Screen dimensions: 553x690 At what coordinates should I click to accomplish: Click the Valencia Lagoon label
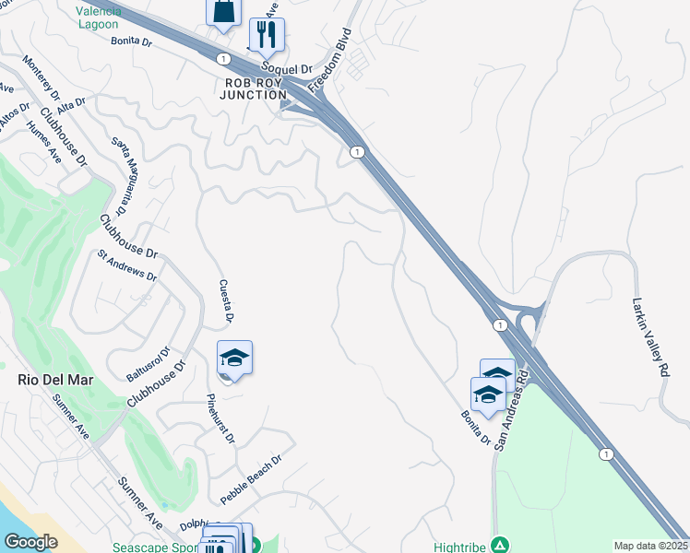tap(98, 17)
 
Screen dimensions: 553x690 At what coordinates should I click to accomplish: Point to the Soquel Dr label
tap(289, 67)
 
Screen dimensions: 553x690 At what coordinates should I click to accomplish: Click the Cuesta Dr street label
tap(224, 301)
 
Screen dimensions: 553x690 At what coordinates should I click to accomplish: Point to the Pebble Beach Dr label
tap(250, 479)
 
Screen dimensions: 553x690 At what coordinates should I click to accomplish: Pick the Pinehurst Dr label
tap(222, 419)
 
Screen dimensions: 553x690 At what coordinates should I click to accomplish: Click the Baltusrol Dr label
tap(148, 365)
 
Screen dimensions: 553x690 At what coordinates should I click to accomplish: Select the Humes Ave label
tap(44, 142)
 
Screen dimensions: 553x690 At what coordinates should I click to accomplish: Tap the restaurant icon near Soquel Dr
tap(267, 34)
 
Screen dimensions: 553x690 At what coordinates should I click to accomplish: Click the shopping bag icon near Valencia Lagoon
tap(223, 11)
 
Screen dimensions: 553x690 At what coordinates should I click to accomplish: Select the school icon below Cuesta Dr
tap(234, 358)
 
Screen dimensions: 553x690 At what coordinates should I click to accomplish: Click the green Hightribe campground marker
tap(499, 545)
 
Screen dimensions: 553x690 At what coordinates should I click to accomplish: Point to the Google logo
tap(30, 541)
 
